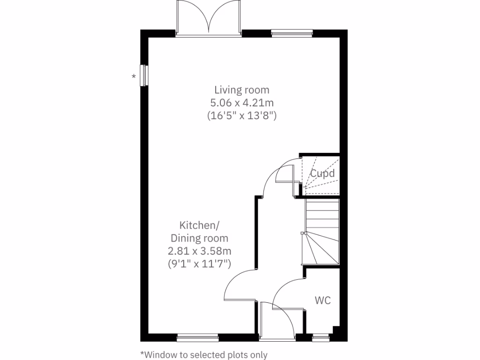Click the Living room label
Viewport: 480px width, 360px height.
(x=242, y=90)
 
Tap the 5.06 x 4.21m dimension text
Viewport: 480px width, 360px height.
(x=242, y=103)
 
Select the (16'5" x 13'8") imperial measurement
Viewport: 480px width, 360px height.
(x=242, y=116)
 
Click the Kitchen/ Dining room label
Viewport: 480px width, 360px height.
(x=199, y=232)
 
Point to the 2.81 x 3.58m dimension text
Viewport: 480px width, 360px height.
(x=199, y=251)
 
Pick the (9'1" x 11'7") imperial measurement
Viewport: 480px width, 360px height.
(x=199, y=264)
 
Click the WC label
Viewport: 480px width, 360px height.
(x=322, y=300)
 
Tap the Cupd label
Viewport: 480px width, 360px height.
(x=322, y=173)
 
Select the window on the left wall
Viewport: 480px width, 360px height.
(x=144, y=75)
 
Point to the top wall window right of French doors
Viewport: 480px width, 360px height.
(x=292, y=33)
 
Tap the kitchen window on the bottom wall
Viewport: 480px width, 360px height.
(x=197, y=337)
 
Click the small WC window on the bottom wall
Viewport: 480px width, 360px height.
(x=321, y=337)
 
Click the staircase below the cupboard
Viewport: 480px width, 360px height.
(x=322, y=232)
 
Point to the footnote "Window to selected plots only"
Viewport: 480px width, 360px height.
(x=203, y=354)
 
